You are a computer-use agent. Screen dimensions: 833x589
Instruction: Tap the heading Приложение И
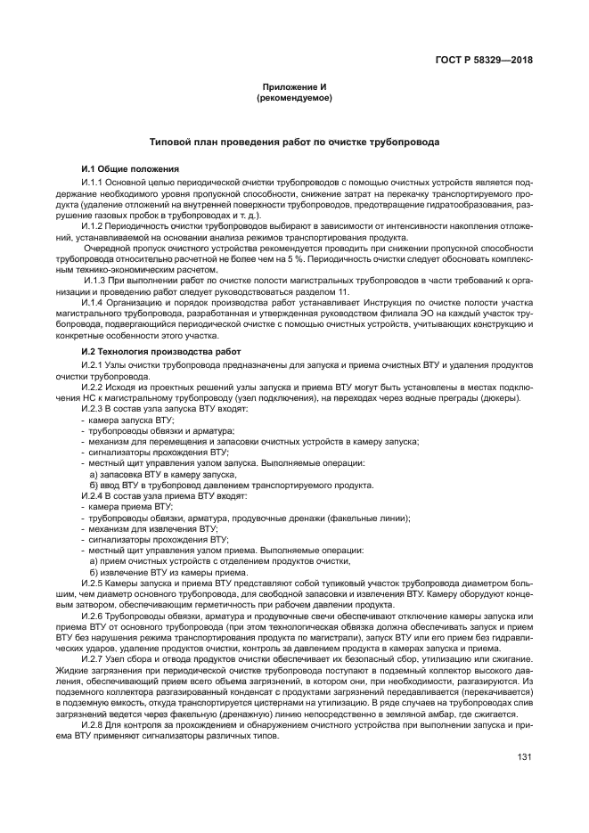(x=294, y=86)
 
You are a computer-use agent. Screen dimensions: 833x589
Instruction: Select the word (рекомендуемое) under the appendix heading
(x=294, y=97)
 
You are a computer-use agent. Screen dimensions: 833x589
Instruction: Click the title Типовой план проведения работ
(x=294, y=142)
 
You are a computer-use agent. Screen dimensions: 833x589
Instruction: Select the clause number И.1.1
(x=94, y=182)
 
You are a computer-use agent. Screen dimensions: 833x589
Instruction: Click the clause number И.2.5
(x=94, y=583)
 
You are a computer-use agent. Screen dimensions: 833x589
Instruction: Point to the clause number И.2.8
(x=94, y=725)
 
